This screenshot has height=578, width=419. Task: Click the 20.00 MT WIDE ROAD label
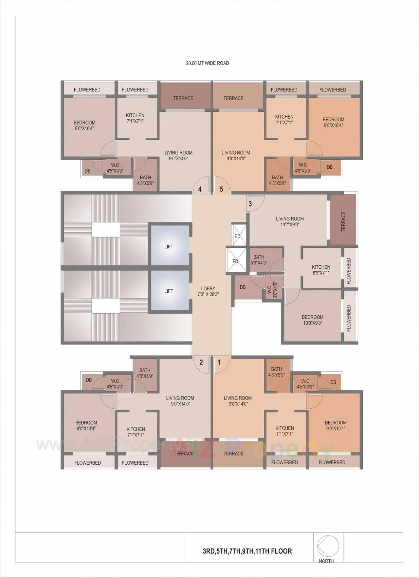tap(208, 63)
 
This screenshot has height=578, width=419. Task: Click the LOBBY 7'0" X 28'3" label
tap(208, 291)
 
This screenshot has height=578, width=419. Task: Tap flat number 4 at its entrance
tap(200, 189)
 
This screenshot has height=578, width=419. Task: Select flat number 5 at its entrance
tap(221, 189)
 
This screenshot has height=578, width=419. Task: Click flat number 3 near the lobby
tap(250, 204)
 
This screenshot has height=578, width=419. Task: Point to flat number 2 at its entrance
tap(201, 362)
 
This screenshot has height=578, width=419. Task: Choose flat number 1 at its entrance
tap(219, 362)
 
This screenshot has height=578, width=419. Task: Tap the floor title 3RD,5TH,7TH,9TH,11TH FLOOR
tap(247, 551)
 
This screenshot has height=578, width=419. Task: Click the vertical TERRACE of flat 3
tap(343, 219)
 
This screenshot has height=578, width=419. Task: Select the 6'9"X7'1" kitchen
tap(321, 269)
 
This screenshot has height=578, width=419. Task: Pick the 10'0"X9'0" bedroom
tap(313, 320)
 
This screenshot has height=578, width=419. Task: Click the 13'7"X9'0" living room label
tap(290, 222)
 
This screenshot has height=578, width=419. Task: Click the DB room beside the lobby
tap(243, 287)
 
